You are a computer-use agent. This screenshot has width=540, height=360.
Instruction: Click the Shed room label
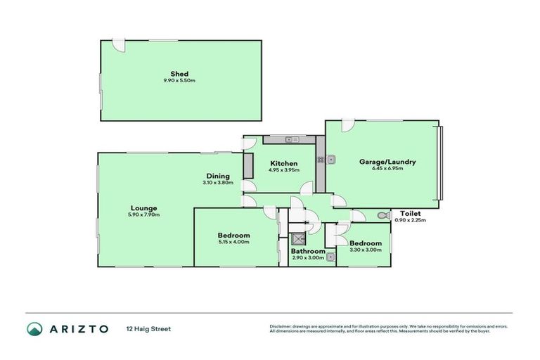(179, 74)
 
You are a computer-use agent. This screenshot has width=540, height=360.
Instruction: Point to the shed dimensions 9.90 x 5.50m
(179, 81)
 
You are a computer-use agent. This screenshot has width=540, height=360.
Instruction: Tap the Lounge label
(143, 207)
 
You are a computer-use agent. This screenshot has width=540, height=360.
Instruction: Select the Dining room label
(218, 176)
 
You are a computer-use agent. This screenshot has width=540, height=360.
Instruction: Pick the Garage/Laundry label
(387, 162)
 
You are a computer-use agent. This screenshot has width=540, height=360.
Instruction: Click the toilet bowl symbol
(382, 215)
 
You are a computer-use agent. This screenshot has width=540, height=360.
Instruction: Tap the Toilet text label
(411, 213)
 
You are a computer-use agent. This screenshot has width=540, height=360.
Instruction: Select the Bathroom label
(308, 251)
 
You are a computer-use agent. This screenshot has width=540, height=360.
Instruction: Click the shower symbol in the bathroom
(298, 238)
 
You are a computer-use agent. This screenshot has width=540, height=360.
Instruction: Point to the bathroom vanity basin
(329, 257)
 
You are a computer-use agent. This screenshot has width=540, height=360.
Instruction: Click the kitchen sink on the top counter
(292, 140)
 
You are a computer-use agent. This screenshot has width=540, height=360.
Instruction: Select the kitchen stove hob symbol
(320, 160)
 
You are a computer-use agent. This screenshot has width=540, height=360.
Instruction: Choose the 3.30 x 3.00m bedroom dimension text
(366, 250)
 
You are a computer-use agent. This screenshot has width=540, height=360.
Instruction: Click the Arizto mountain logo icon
(34, 328)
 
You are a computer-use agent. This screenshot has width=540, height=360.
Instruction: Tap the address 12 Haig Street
(148, 328)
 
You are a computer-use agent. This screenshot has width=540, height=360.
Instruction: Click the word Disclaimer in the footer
(281, 326)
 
